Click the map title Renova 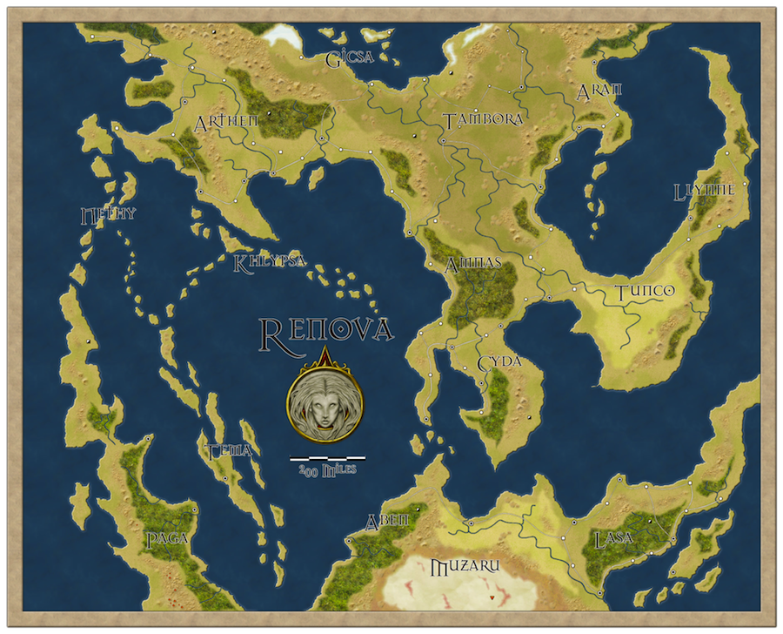[x=327, y=330]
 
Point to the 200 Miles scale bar [x=327, y=457]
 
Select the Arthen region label [x=227, y=121]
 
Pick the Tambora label [x=483, y=119]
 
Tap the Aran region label [x=599, y=92]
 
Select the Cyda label [x=499, y=361]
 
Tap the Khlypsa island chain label [x=269, y=261]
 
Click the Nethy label [x=108, y=214]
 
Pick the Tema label [x=230, y=450]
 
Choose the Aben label [x=386, y=521]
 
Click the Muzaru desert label [x=465, y=567]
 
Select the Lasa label [x=612, y=538]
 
